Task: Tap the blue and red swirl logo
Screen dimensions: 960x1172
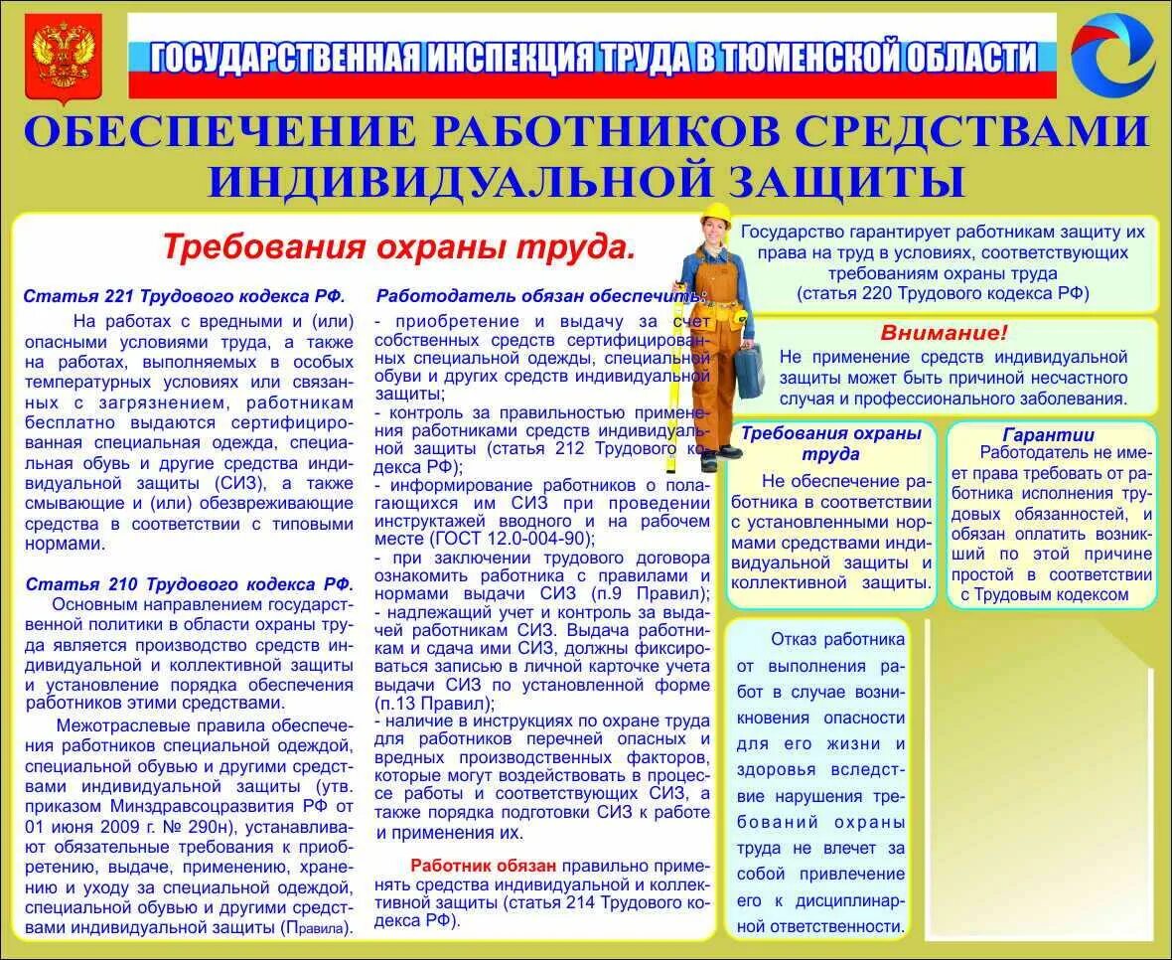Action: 1112,54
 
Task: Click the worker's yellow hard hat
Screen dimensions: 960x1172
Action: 715,215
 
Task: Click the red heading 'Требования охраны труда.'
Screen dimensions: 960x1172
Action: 398,246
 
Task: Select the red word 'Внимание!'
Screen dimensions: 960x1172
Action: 944,333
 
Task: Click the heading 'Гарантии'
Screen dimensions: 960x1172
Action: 1048,434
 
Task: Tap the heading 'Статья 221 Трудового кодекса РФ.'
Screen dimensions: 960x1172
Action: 185,296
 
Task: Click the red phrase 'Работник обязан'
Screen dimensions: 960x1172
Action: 484,866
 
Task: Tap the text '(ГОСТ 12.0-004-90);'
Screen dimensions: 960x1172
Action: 512,539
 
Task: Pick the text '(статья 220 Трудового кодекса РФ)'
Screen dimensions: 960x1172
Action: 943,292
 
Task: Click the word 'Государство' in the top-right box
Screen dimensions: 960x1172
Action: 791,232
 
